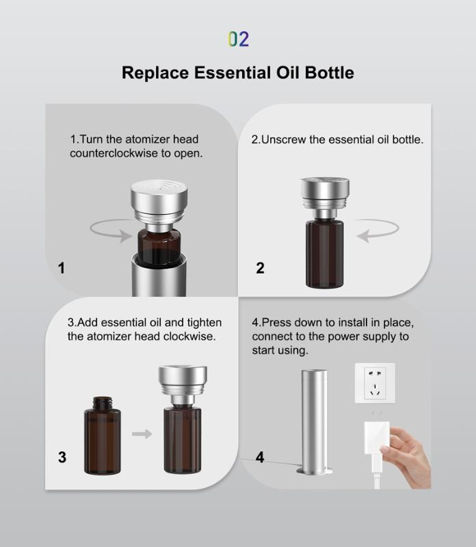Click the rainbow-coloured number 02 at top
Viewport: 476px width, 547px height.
pyautogui.click(x=239, y=39)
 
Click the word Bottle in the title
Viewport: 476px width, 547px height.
pyautogui.click(x=330, y=73)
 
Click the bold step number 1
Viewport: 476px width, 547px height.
pyautogui.click(x=62, y=268)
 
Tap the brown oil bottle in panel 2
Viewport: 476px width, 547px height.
pyautogui.click(x=324, y=253)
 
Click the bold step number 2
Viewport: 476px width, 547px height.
pyautogui.click(x=261, y=268)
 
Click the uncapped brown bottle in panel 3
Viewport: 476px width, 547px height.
pyautogui.click(x=103, y=436)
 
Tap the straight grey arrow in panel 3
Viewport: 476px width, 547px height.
pyautogui.click(x=142, y=434)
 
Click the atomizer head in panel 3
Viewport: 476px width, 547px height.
pyautogui.click(x=183, y=384)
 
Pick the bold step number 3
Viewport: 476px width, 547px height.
pyautogui.click(x=62, y=457)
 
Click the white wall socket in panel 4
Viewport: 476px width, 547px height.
pyautogui.click(x=375, y=383)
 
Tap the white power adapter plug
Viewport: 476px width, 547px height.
pyautogui.click(x=376, y=440)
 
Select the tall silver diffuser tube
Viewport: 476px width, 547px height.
pyautogui.click(x=315, y=422)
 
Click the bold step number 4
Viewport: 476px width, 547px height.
pyautogui.click(x=260, y=457)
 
